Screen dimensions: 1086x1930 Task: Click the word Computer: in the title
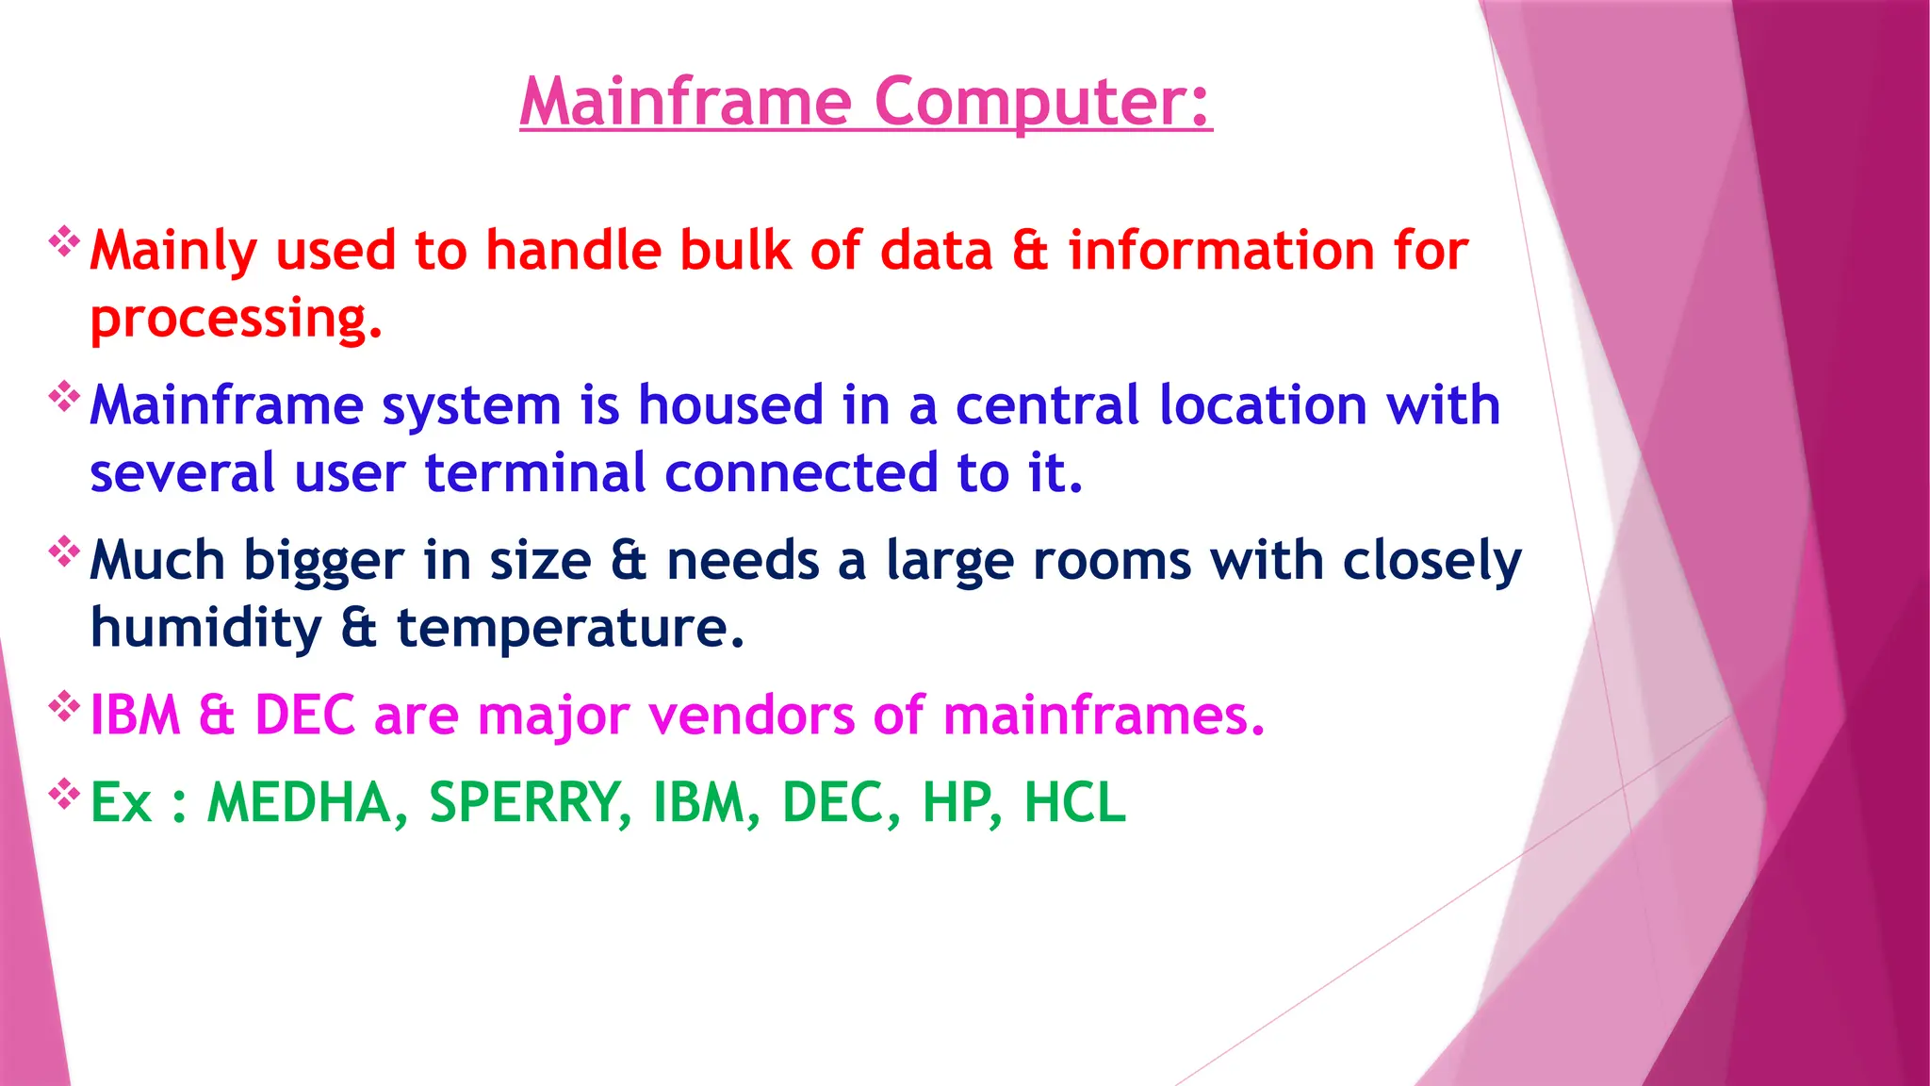tap(1042, 102)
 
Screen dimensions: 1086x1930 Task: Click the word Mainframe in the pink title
tap(685, 102)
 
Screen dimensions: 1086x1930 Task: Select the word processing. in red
tap(236, 321)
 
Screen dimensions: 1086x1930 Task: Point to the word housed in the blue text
tap(730, 406)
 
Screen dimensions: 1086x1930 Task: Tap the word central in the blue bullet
tap(1047, 406)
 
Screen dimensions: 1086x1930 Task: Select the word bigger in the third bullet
tap(323, 562)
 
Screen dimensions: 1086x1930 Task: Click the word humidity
tap(205, 629)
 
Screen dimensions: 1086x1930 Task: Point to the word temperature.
tap(570, 629)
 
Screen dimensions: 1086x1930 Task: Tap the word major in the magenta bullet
tap(553, 716)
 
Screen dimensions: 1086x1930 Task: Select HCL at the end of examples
tap(1074, 804)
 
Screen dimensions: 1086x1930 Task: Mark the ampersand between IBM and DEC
tap(216, 716)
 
